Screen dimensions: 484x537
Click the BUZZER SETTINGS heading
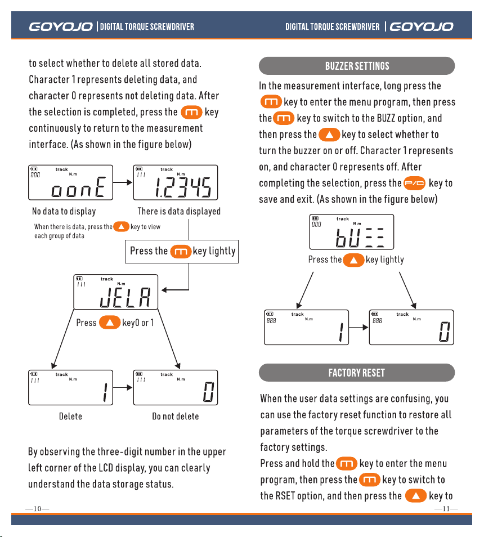357,66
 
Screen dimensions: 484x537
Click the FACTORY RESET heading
357,373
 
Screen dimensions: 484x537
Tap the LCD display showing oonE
70,182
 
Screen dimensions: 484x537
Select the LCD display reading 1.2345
176,182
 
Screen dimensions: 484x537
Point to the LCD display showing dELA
116,292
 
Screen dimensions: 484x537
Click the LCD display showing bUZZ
352,232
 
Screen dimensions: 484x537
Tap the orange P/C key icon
414,184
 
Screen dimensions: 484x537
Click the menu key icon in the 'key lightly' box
181,252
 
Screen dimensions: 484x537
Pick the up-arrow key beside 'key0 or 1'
110,323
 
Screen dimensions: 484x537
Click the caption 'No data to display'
64,211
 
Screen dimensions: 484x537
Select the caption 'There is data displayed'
179,211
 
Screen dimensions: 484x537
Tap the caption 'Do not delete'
176,417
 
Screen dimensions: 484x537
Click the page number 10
37,509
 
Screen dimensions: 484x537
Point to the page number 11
446,509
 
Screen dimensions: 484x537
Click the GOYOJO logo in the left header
61,26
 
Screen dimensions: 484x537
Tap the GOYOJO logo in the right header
422,26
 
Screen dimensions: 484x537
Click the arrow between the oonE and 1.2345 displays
123,182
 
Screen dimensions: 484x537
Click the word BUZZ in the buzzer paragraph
386,118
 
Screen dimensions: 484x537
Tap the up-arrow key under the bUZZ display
353,260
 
